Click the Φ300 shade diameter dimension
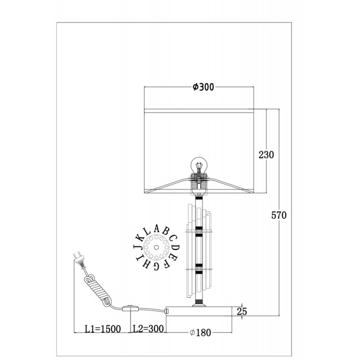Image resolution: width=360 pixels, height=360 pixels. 203,87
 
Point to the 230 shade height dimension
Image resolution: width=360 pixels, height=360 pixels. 266,155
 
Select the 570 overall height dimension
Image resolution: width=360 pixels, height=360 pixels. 279,216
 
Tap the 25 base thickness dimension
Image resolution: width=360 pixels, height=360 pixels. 242,311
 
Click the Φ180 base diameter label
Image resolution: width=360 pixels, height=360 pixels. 200,333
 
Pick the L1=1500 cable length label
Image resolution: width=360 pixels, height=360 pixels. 103,329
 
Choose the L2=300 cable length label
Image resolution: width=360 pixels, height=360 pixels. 148,329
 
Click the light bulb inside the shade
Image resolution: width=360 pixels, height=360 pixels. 199,165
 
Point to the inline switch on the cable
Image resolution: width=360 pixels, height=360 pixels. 130,308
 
